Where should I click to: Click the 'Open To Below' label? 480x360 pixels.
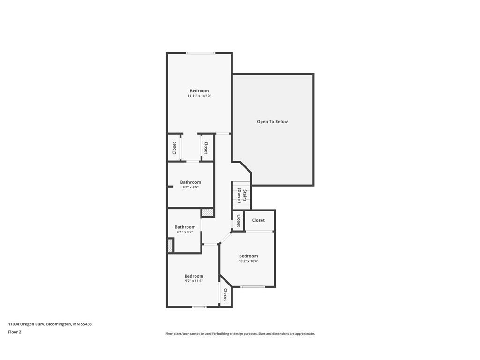(272, 121)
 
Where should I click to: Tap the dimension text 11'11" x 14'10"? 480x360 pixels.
(199, 96)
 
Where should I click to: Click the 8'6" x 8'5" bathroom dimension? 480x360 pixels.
(190, 187)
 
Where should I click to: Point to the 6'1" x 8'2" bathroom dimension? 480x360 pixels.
(185, 232)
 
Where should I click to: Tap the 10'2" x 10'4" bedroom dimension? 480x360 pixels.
(248, 261)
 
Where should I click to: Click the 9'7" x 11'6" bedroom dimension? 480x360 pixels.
(194, 281)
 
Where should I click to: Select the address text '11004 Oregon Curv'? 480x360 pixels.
(27, 324)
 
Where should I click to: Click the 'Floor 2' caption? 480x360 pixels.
(15, 332)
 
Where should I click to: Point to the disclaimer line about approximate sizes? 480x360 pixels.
(240, 334)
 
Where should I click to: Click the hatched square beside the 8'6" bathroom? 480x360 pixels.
(208, 213)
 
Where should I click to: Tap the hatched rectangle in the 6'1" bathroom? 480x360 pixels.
(171, 246)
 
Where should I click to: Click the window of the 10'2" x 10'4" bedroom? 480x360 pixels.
(253, 287)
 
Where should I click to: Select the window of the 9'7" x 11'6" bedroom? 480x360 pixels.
(199, 307)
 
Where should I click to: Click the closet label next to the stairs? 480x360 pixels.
(238, 220)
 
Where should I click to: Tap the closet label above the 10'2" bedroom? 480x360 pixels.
(258, 220)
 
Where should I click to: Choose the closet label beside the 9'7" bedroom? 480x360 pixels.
(225, 294)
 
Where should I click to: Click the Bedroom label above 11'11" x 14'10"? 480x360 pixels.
(199, 90)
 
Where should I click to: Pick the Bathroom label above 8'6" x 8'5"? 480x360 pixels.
(190, 182)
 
